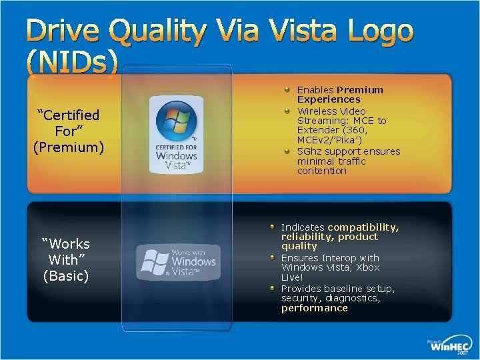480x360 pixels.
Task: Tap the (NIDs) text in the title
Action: (x=72, y=62)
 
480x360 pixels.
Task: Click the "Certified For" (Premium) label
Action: (x=68, y=131)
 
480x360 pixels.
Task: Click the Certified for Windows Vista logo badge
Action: (x=176, y=135)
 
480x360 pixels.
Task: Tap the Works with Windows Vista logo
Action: (x=177, y=262)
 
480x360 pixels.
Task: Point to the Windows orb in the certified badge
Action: (x=175, y=121)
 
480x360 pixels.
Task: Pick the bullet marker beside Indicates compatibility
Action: (x=272, y=227)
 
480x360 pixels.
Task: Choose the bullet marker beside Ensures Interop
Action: (x=272, y=257)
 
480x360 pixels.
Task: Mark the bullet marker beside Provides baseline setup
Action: (x=272, y=288)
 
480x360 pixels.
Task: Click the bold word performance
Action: (x=314, y=308)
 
